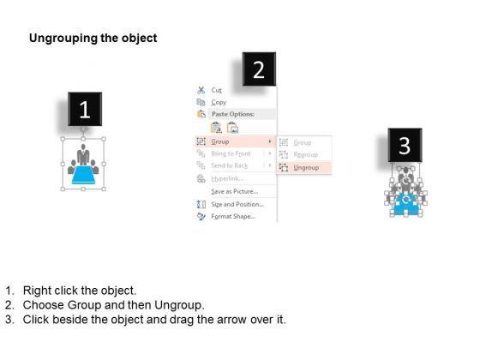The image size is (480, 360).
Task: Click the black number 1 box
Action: click(x=85, y=111)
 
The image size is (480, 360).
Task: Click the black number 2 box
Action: click(x=259, y=69)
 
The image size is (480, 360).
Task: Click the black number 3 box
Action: click(x=405, y=146)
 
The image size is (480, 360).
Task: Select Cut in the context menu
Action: click(x=217, y=89)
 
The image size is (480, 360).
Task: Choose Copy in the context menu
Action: click(x=219, y=102)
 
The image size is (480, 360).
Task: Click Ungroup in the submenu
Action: click(x=306, y=168)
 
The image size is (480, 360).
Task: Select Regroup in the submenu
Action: click(x=306, y=155)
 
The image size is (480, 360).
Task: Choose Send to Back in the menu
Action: click(x=231, y=165)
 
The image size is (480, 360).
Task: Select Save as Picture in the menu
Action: click(x=234, y=190)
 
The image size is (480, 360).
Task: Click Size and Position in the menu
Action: click(x=237, y=204)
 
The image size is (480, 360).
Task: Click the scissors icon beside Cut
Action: click(x=201, y=89)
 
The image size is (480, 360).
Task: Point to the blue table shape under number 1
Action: click(x=83, y=175)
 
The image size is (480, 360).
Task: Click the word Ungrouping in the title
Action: click(x=61, y=39)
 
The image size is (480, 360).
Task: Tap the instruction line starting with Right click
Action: click(x=82, y=291)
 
